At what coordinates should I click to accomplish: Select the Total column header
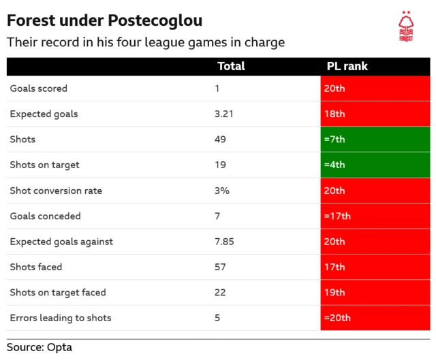(x=231, y=67)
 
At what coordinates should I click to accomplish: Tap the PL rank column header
(x=347, y=67)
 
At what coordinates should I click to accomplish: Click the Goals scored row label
(x=39, y=88)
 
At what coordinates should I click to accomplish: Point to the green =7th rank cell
(x=375, y=140)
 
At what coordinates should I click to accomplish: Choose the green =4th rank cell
(x=375, y=165)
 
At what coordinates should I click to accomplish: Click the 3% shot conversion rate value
(x=221, y=191)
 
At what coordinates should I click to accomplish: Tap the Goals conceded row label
(x=45, y=216)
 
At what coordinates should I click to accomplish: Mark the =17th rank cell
(x=375, y=216)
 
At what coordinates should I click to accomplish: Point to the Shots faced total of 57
(x=220, y=267)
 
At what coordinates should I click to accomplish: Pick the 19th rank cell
(x=375, y=293)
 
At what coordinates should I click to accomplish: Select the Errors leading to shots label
(x=61, y=318)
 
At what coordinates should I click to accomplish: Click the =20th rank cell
(x=375, y=318)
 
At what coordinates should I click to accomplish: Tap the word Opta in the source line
(x=59, y=347)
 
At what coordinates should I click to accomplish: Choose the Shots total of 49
(x=220, y=140)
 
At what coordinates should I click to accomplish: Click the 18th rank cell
(x=375, y=114)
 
